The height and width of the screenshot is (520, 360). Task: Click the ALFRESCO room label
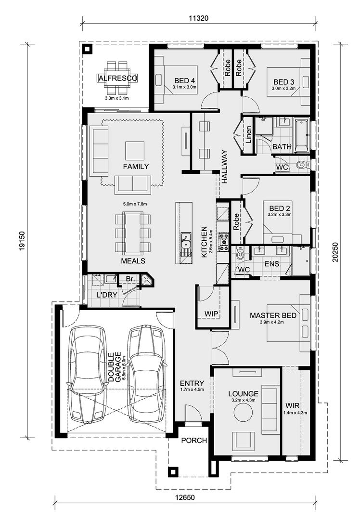118,78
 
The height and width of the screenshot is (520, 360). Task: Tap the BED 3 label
284,82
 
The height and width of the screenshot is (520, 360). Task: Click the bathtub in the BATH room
302,134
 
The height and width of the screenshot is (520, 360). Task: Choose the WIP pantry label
211,314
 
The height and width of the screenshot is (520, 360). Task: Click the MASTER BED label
273,315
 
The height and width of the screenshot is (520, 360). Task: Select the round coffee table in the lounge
243,412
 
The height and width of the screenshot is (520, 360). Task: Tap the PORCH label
194,440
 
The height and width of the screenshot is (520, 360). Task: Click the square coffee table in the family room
134,150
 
